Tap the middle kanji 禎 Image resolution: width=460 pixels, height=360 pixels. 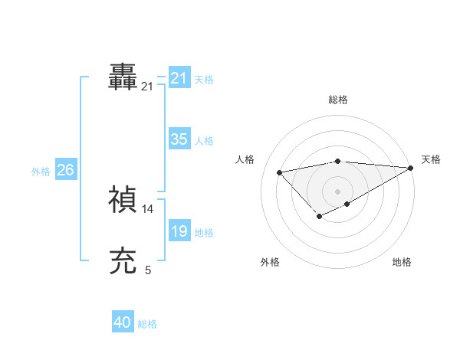coord(123,199)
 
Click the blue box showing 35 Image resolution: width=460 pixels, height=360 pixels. coord(179,139)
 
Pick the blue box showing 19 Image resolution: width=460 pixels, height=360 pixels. coord(179,231)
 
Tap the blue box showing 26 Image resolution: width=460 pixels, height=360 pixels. coord(65,170)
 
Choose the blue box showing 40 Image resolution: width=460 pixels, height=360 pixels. coord(122,322)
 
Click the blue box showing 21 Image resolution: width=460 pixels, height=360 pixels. coord(179,78)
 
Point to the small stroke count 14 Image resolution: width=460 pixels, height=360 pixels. coord(148,208)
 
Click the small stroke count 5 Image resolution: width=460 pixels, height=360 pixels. coord(148,270)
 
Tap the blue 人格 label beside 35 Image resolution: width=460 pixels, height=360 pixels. coord(204,141)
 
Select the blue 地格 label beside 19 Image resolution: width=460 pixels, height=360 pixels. coord(204,233)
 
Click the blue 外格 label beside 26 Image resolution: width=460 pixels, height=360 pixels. coord(41,172)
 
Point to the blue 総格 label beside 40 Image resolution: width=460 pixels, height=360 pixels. coord(147,324)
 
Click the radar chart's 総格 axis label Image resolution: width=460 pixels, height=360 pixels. coord(338,100)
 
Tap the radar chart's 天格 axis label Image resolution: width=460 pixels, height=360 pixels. coord(431,159)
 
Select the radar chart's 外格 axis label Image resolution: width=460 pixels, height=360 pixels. coord(270,262)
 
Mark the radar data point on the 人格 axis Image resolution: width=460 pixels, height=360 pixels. coord(279,172)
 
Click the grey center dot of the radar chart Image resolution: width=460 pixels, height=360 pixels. coord(337,191)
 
